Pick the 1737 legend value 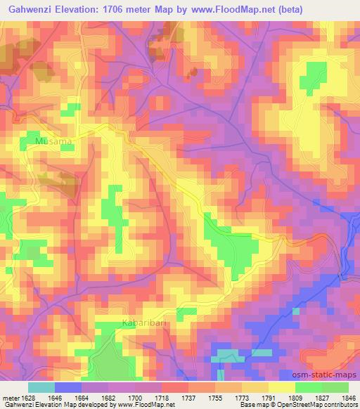189,397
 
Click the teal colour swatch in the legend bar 41,387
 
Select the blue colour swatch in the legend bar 68,387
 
